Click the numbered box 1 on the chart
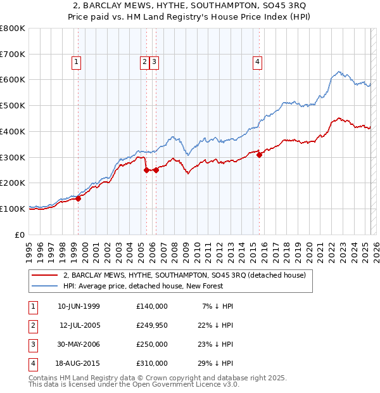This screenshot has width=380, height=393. click(76, 61)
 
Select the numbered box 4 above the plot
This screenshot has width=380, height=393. click(258, 61)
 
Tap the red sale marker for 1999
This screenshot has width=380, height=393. click(79, 198)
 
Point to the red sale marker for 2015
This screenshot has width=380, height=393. click(260, 155)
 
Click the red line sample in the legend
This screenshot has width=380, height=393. click(44, 275)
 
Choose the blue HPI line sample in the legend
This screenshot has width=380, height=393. click(44, 286)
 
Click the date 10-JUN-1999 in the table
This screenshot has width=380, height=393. click(79, 306)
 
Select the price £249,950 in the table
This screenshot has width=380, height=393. click(152, 326)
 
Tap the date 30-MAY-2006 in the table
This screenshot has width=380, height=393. click(79, 345)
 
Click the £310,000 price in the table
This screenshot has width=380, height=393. click(152, 364)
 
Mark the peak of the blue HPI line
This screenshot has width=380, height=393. click(339, 72)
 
